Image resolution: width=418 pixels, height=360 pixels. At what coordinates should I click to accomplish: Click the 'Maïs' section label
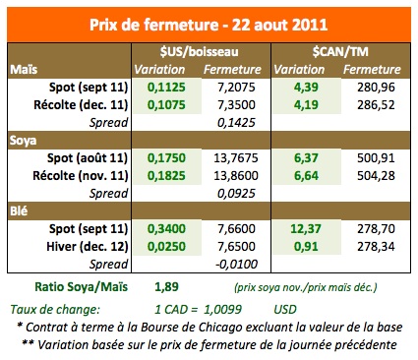click(x=24, y=69)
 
